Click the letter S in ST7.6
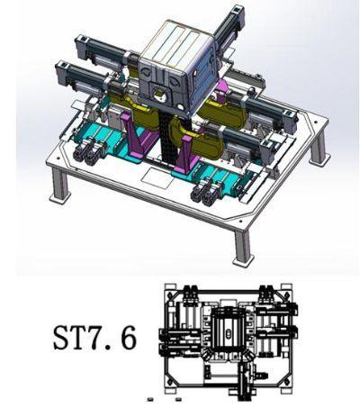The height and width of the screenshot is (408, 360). point(62,338)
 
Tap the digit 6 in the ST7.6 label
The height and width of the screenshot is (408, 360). point(128,338)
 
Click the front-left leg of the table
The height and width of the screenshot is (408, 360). point(59,186)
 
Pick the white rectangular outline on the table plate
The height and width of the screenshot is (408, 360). point(157,177)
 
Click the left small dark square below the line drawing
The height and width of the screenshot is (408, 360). point(150,399)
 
